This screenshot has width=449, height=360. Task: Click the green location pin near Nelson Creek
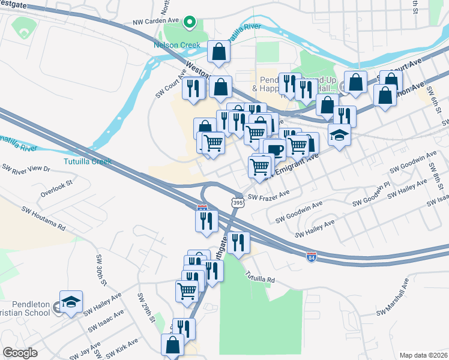(x=190, y=22)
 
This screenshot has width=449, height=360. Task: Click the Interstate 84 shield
(x=311, y=257)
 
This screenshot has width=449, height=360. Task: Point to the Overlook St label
(x=56, y=188)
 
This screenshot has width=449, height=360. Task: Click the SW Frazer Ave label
(x=269, y=195)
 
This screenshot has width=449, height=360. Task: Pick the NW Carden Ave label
(x=156, y=20)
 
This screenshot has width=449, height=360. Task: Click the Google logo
(x=20, y=352)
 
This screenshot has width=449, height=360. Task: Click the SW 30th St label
(x=100, y=269)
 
